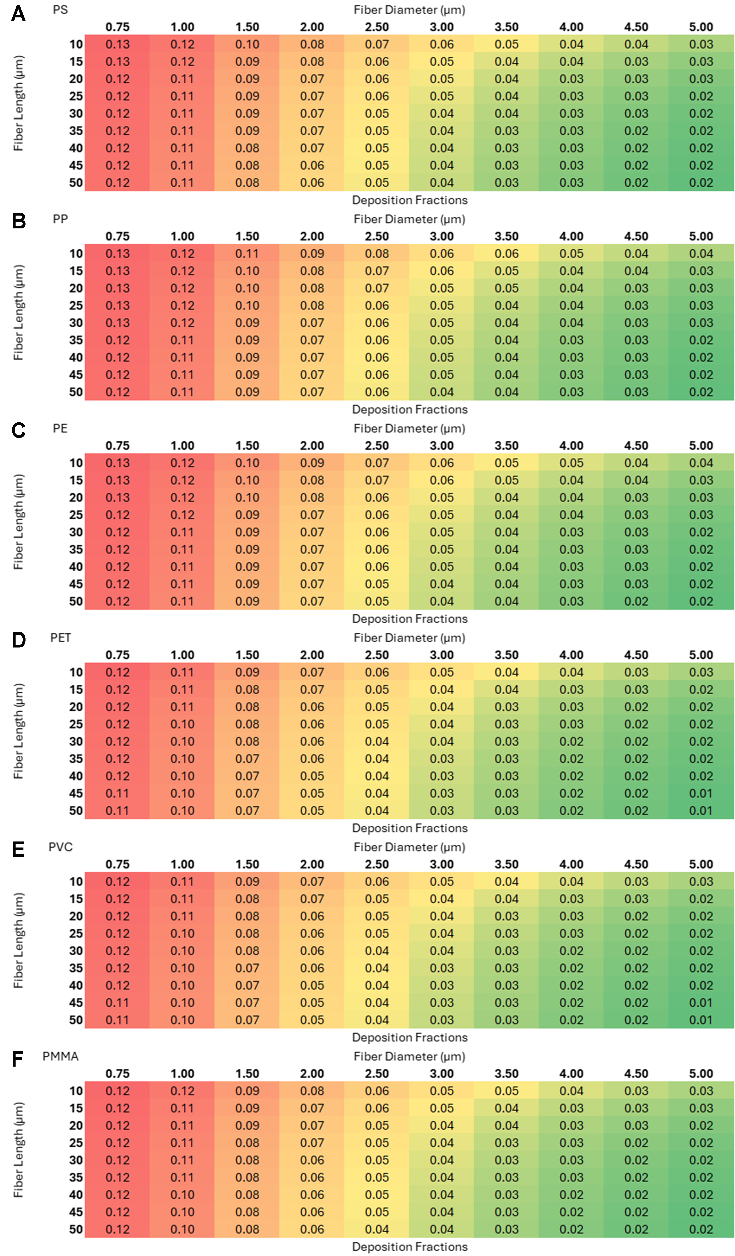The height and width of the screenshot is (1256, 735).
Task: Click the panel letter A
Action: tap(18, 13)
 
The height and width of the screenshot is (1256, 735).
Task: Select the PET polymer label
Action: tap(60, 638)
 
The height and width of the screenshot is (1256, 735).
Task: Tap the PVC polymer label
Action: tap(60, 847)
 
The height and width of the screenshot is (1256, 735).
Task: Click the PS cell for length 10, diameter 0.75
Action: tap(118, 44)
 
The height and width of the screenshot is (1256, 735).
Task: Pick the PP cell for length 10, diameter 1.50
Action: tap(247, 254)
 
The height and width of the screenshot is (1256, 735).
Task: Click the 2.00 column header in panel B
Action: tap(312, 236)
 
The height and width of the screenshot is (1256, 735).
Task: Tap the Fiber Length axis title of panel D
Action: tap(18, 731)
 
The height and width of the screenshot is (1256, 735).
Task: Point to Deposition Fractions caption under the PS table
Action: tap(410, 200)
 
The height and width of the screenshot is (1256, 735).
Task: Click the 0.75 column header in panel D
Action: tap(118, 655)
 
